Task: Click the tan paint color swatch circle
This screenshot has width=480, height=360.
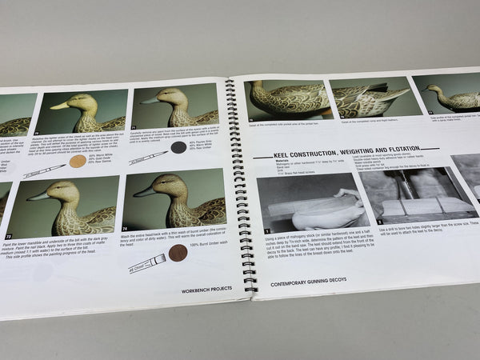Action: (x=78, y=161)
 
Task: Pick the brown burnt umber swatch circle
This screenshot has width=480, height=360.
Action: (x=178, y=253)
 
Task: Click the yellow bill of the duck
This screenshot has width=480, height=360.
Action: (x=59, y=106)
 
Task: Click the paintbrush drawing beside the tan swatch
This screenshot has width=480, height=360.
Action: (x=43, y=170)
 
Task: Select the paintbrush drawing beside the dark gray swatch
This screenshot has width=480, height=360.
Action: (x=146, y=156)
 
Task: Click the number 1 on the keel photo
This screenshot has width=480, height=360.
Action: (x=268, y=230)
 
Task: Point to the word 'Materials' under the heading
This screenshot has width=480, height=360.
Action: (x=262, y=160)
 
